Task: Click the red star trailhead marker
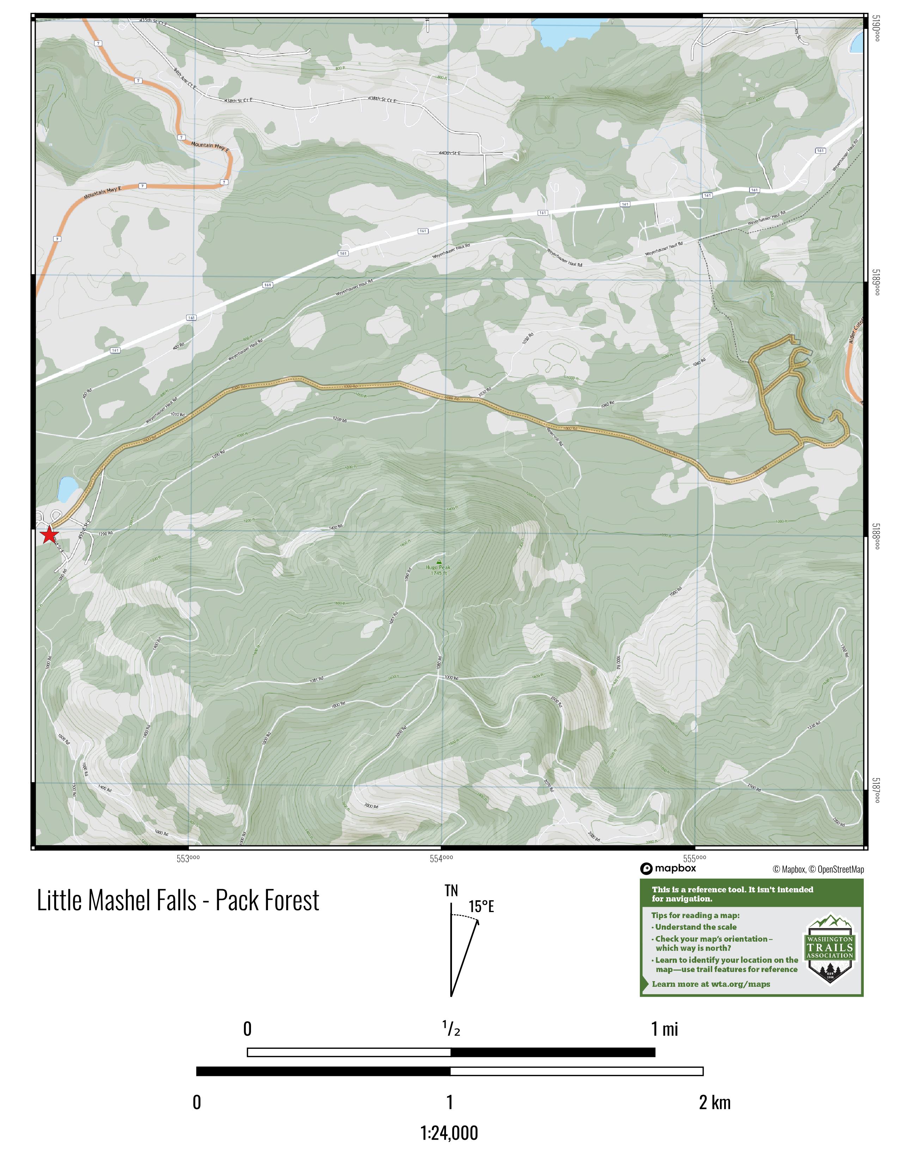(x=49, y=534)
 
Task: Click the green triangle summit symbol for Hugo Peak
(x=439, y=561)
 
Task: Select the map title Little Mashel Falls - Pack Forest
(x=178, y=900)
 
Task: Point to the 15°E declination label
(x=482, y=907)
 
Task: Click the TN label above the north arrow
(x=451, y=891)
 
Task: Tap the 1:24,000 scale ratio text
(x=449, y=1133)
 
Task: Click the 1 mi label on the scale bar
(x=664, y=1029)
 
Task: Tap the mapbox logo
(x=668, y=868)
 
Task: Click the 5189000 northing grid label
(x=876, y=281)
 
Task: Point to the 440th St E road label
(x=449, y=153)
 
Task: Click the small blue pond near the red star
(x=67, y=489)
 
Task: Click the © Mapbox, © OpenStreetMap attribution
(x=818, y=869)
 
